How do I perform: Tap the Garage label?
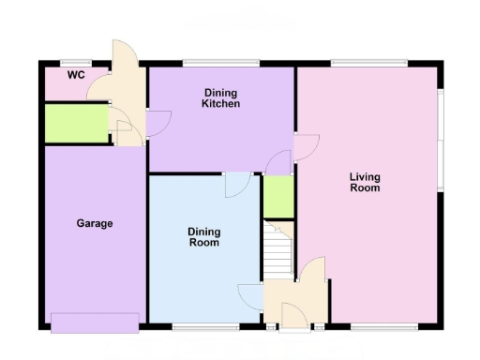[x=95, y=223]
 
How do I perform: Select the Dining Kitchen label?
[x=221, y=98]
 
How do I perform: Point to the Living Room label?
[x=365, y=182]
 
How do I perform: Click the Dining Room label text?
[x=203, y=237]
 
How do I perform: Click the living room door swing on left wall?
[x=307, y=147]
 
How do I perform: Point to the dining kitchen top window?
[x=221, y=63]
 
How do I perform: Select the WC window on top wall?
[x=74, y=63]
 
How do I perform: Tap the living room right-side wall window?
[x=440, y=141]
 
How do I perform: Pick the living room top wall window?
[x=368, y=63]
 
